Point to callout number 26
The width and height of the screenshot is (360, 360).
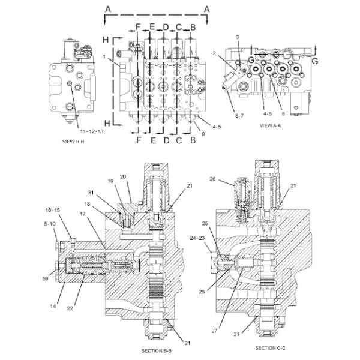(213, 179)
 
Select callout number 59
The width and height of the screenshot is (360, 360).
(45, 278)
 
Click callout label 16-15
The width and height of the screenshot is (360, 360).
(53, 211)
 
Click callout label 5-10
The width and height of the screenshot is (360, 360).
(50, 224)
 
